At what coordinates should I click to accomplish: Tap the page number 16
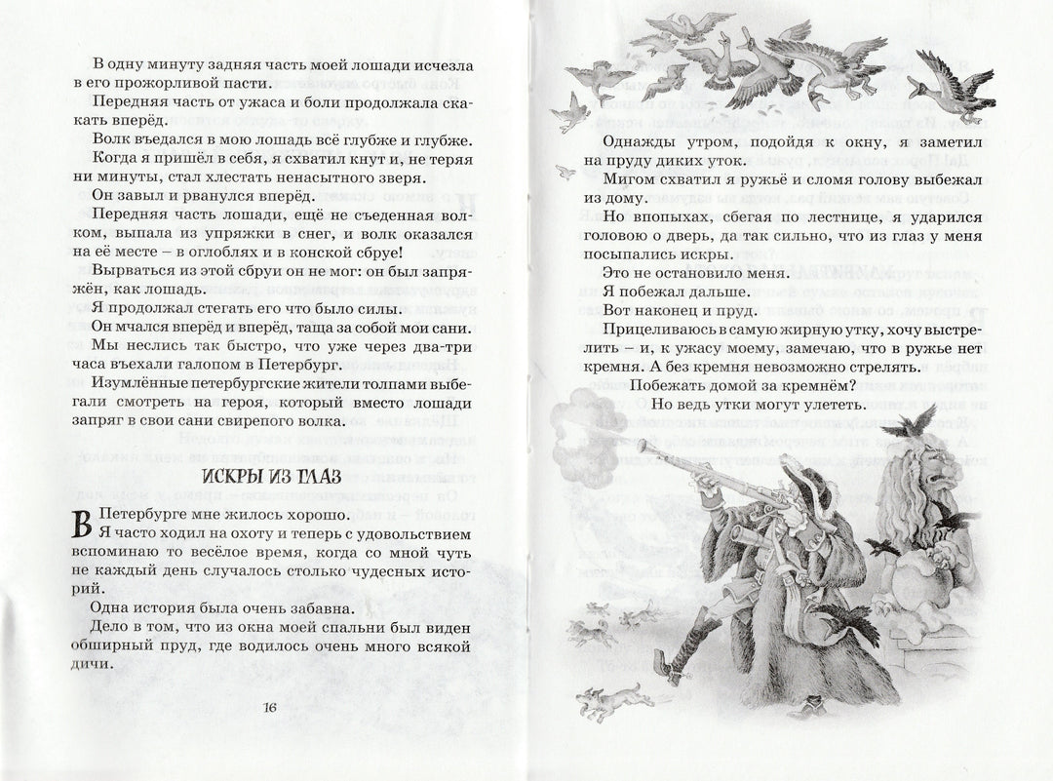click(272, 708)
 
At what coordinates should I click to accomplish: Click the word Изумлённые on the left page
click(140, 384)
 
